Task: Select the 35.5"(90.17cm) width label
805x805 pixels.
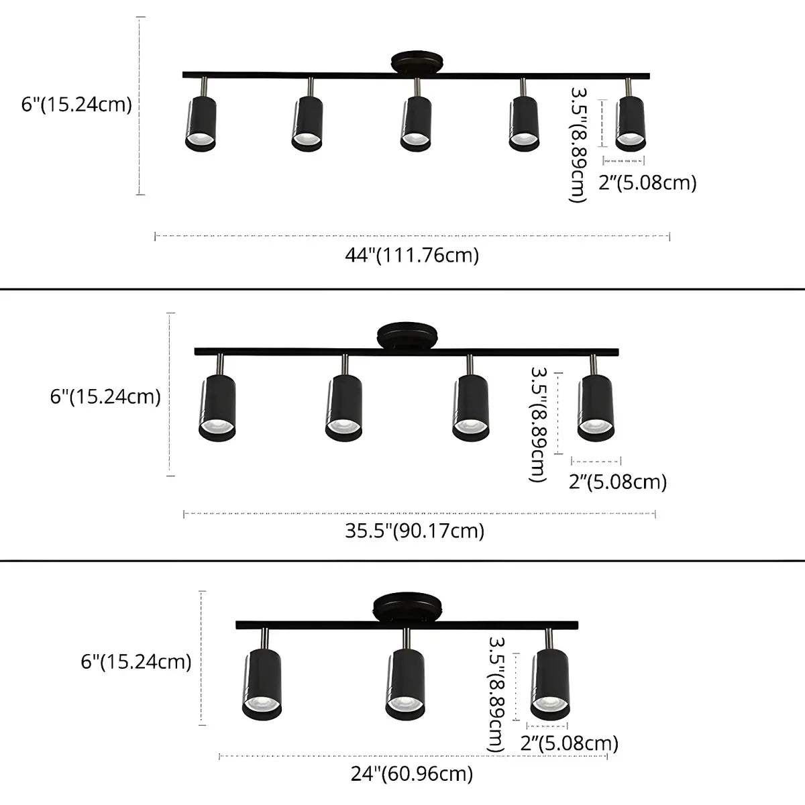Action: coord(415,531)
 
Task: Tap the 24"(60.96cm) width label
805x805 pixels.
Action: coord(412,773)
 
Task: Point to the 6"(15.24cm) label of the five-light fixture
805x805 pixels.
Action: coord(76,105)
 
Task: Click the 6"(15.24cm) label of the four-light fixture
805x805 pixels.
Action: coord(105,396)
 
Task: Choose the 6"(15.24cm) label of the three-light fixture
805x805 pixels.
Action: coord(136,662)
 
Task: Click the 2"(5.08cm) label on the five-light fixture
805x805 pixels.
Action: coord(647,182)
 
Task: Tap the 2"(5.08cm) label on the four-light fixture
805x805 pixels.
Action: coord(618,482)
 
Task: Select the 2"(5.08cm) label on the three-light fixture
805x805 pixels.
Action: coord(570,743)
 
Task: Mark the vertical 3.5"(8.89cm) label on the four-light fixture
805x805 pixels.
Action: coord(539,424)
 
